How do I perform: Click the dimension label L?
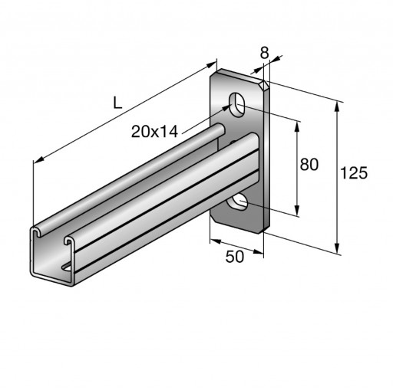[x=117, y=103]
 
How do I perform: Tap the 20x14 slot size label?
[x=154, y=132]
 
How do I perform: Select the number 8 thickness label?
[x=264, y=53]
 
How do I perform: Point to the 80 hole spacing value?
[x=309, y=164]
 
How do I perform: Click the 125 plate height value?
[x=354, y=173]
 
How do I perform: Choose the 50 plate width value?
[x=235, y=257]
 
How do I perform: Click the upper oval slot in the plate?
[x=237, y=105]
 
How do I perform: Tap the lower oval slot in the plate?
[x=237, y=202]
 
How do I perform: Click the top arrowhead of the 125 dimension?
[x=337, y=107]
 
